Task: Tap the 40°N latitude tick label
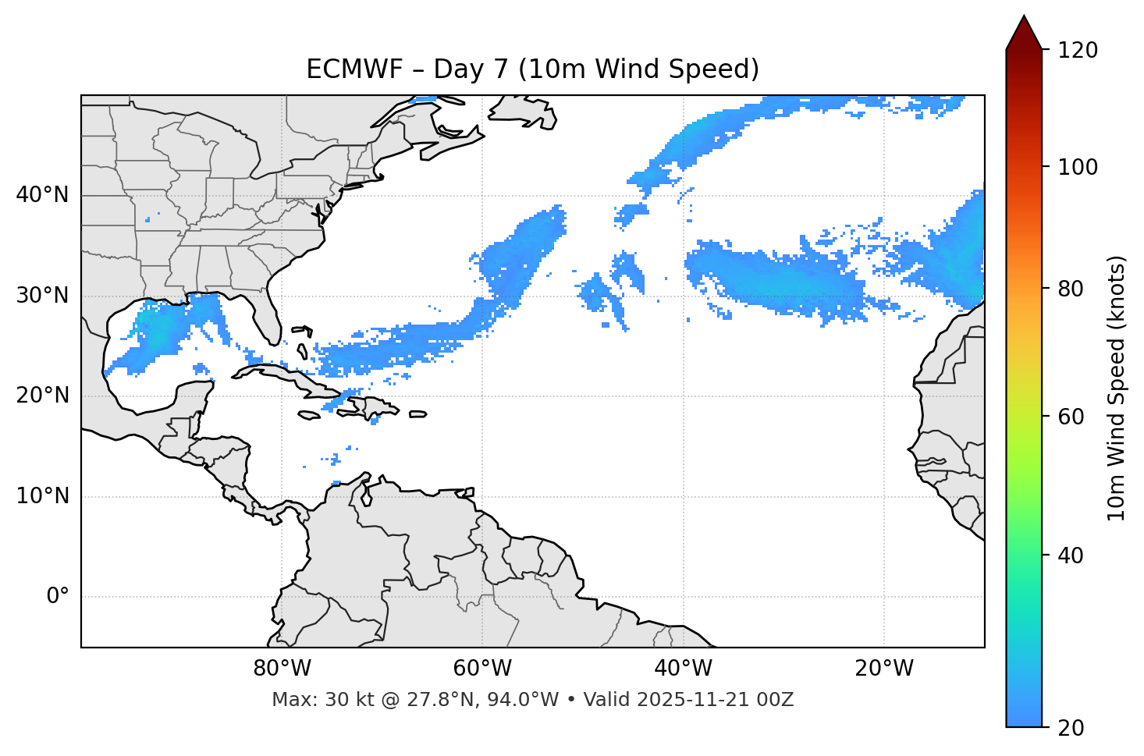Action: tap(42, 195)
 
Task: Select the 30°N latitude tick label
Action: tap(42, 296)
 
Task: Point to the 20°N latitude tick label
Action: tap(42, 396)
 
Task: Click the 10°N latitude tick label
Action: tap(42, 496)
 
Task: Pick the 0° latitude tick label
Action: tap(57, 597)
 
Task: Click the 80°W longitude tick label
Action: tap(282, 669)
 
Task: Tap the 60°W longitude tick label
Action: tap(482, 669)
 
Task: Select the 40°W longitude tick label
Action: tap(683, 669)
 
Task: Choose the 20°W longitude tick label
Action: tap(883, 669)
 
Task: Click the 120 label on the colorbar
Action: tap(1077, 51)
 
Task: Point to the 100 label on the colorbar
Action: tap(1077, 167)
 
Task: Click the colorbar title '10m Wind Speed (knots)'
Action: tap(1117, 388)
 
